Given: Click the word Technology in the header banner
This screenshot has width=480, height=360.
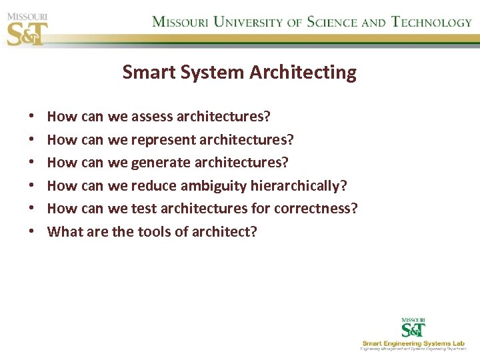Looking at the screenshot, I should point(431,21).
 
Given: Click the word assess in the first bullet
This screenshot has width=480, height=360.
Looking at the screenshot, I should point(152,117).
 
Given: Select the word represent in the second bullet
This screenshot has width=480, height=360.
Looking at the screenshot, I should point(163,140).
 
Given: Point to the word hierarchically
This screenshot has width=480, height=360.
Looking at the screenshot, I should point(299,185).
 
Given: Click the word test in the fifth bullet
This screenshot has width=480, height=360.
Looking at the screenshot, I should point(143,209).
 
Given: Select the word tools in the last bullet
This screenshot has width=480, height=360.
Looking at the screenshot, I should point(154,232).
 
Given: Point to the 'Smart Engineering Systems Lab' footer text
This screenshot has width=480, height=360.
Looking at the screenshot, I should point(413,343).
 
